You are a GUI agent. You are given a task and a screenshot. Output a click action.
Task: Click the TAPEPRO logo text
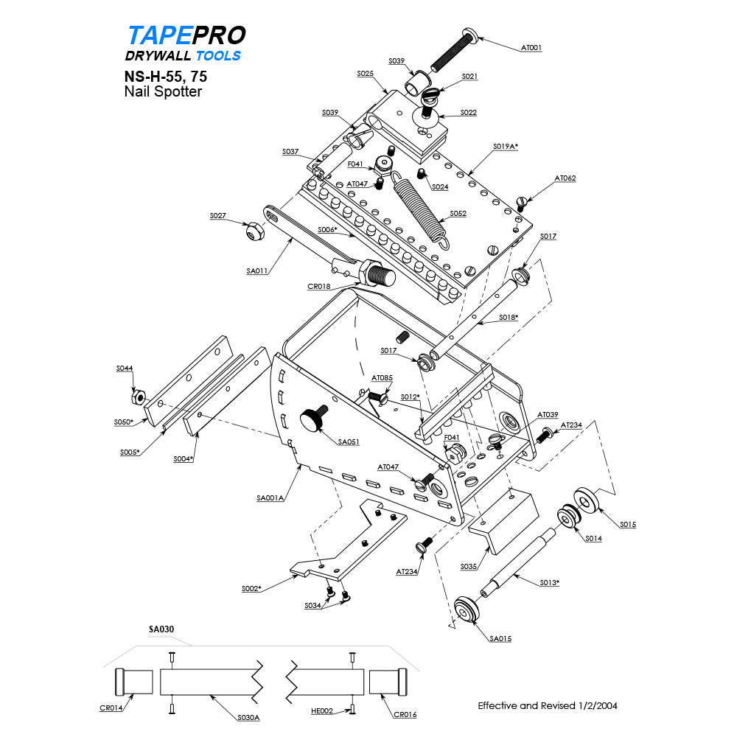tap(186, 35)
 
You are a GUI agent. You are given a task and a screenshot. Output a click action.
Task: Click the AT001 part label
tap(531, 48)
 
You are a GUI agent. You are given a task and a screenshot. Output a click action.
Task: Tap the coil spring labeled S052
tap(421, 206)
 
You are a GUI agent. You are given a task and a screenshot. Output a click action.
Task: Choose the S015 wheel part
tap(587, 500)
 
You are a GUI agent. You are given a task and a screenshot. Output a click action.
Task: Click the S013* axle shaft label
tap(548, 582)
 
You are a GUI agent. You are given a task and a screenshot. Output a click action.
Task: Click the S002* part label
tap(251, 588)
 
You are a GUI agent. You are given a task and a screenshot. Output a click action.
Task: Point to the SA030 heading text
tap(161, 629)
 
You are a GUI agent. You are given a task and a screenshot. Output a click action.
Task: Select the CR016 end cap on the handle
tap(388, 682)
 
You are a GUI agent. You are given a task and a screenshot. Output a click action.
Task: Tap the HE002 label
tap(321, 711)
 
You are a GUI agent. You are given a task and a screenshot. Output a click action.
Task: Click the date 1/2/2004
tap(593, 705)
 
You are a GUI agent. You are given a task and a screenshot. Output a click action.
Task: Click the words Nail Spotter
tap(163, 91)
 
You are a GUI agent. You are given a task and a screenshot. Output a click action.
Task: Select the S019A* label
tap(506, 147)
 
